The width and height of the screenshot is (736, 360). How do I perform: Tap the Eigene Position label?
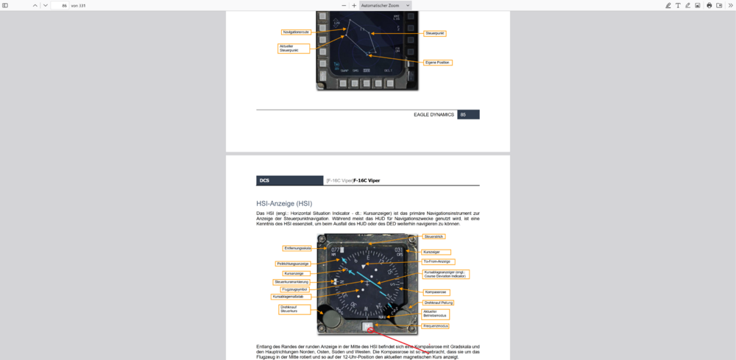[x=438, y=63]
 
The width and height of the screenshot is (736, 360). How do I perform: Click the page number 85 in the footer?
[x=463, y=115]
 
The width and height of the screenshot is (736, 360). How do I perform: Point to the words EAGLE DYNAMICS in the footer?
[x=434, y=115]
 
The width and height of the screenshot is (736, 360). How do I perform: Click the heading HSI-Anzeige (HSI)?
[x=284, y=202]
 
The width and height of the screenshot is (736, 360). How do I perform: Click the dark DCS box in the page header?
[x=289, y=180]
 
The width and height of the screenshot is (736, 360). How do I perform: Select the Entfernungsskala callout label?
[x=297, y=248]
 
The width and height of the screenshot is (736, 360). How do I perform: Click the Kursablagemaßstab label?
[x=291, y=297]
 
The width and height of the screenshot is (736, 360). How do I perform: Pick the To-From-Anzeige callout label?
[x=437, y=261]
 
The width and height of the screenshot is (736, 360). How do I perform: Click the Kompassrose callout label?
[x=437, y=292]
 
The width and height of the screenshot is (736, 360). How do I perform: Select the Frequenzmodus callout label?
[x=435, y=325]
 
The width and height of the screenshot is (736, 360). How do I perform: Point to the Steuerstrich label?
[x=433, y=237]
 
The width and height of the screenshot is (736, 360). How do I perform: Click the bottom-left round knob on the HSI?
[x=330, y=321]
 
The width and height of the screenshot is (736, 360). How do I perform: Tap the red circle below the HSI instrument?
[x=371, y=330]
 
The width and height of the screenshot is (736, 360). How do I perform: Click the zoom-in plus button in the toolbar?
[x=354, y=5]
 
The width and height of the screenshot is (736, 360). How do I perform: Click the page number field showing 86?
[x=61, y=5]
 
